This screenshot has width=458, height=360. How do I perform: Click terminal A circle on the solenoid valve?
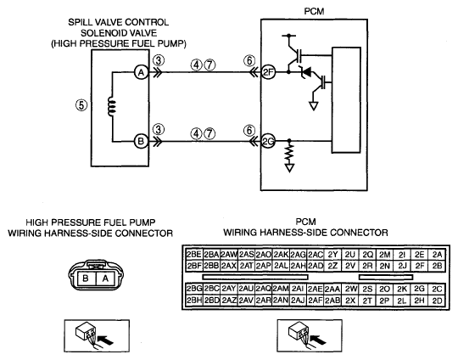pos(142,72)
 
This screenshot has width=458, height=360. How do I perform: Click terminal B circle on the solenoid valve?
pos(142,141)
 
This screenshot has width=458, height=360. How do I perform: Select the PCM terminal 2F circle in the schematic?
pos(268,72)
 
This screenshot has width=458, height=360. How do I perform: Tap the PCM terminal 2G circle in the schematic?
pos(268,141)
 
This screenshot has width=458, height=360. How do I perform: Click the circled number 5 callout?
pos(81,104)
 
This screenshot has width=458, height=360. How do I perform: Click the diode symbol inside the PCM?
pos(305,71)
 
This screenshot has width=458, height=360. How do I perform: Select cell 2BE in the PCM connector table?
pos(194,255)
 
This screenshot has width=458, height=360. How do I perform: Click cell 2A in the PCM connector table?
pos(437,255)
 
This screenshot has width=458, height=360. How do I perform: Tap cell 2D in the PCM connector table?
pos(437,301)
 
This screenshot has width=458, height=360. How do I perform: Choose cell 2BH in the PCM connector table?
pos(194,301)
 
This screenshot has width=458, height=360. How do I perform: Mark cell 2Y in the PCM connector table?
pos(332,255)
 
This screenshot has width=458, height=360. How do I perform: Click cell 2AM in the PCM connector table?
pos(281,289)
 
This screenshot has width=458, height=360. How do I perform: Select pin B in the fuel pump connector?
pos(86,278)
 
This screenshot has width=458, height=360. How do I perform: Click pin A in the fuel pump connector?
pos(106,278)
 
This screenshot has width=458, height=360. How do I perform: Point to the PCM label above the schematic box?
pos(314,11)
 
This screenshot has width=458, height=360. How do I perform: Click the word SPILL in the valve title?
pos(81,22)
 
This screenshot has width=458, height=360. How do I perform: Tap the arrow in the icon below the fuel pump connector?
pos(105,340)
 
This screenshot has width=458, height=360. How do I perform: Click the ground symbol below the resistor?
pos(289,168)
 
